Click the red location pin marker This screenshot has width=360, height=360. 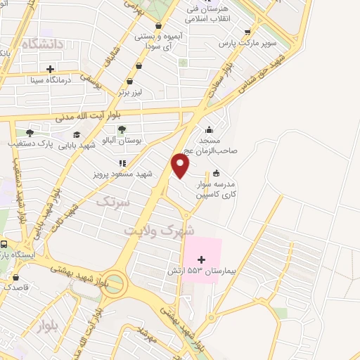pyautogui.click(x=181, y=166)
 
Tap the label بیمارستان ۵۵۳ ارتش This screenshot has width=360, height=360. pyautogui.click(x=194, y=271)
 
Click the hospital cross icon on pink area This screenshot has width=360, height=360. pyautogui.click(x=202, y=259)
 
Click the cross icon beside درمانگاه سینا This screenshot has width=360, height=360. pyautogui.click(x=50, y=69)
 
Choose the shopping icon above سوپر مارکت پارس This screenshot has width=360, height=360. pyautogui.click(x=247, y=32)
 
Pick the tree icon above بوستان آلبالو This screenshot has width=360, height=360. pyautogui.click(x=122, y=129)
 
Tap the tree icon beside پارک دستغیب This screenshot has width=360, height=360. pyautogui.click(x=30, y=133)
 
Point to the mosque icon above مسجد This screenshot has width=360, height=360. pyautogui.click(x=209, y=129)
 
